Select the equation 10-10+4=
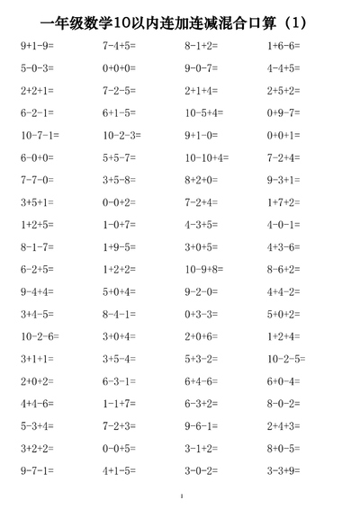click(206, 157)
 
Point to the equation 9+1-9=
click(37, 45)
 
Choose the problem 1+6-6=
click(283, 45)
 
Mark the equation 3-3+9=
click(283, 470)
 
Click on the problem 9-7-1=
click(37, 470)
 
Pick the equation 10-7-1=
click(40, 135)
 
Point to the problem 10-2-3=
click(121, 135)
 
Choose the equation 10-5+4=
click(203, 112)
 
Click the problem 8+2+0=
click(202, 180)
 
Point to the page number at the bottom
click(181, 496)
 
